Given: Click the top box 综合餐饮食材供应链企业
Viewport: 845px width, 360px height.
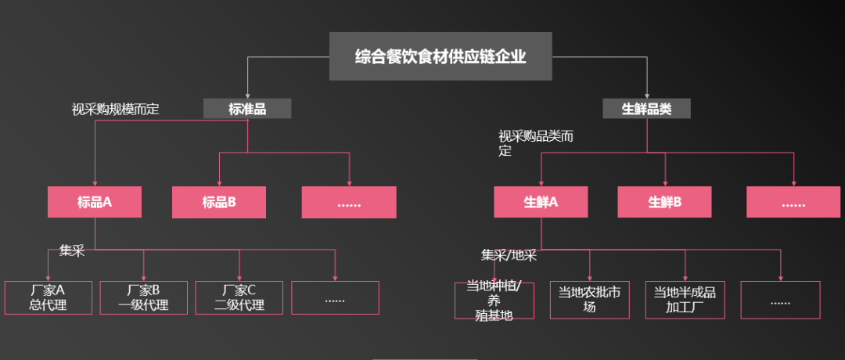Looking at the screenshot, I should click(440, 56).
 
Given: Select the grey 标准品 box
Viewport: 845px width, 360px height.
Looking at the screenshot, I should click(247, 109).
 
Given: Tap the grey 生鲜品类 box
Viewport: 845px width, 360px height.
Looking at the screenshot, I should click(646, 109).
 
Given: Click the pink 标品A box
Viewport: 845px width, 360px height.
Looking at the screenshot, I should click(95, 202).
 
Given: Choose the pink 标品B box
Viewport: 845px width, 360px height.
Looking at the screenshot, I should click(219, 202).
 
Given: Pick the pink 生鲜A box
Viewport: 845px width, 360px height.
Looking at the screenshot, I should click(541, 202).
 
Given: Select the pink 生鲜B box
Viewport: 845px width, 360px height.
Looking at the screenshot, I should click(665, 202).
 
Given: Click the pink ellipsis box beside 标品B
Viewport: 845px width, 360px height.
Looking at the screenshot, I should click(349, 202).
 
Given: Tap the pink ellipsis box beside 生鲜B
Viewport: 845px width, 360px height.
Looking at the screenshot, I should click(793, 202).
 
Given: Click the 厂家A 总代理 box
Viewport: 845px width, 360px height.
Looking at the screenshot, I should click(48, 297).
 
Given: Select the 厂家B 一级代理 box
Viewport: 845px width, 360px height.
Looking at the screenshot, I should click(144, 297).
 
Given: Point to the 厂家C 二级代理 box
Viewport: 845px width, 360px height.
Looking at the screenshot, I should click(239, 297).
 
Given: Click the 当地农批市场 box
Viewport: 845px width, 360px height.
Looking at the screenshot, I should click(589, 300).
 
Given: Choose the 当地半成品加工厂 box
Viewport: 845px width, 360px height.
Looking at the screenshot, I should click(685, 300).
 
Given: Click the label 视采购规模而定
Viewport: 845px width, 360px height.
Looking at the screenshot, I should click(115, 110).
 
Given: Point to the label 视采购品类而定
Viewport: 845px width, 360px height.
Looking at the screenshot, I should click(536, 143).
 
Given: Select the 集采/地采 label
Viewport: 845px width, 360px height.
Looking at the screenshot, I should click(509, 254).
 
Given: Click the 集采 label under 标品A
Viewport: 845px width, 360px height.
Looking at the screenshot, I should click(71, 250).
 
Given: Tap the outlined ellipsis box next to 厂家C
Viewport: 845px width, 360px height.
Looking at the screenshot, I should click(335, 297).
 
